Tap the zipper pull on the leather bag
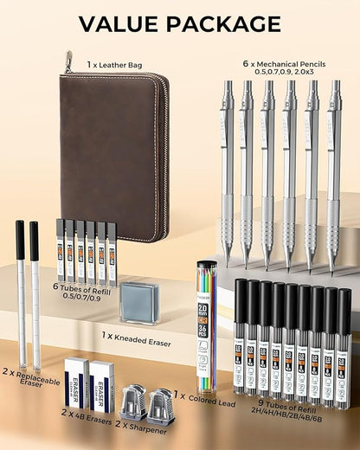[67, 61]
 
